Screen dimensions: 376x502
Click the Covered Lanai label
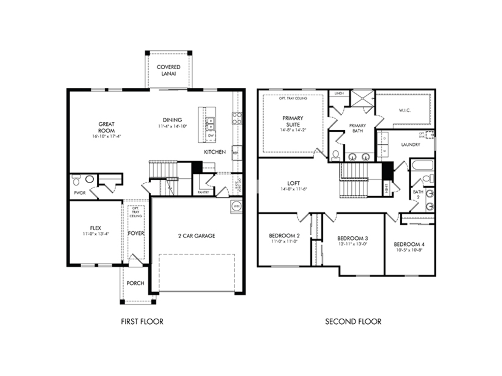coord(168,70)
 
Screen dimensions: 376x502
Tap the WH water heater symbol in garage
coord(236,206)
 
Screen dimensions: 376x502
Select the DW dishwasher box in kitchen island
coord(211,136)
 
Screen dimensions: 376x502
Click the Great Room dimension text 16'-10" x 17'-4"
coord(106,137)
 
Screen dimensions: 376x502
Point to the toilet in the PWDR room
coord(76,180)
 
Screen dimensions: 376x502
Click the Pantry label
coord(203,192)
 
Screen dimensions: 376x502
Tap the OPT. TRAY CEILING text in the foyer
coord(136,212)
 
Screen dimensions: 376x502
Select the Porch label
coord(135,283)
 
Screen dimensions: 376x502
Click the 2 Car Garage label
coord(197,236)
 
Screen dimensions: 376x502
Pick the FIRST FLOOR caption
coord(142,322)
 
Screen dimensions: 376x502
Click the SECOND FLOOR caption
coord(353,322)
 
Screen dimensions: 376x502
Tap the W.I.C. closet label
coord(404,110)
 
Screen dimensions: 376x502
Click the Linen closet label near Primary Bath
coord(339,93)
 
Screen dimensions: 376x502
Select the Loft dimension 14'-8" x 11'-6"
coord(293,189)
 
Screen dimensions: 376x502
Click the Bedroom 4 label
coord(409,244)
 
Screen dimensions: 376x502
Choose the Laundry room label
coord(410,145)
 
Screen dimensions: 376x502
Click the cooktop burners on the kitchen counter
coord(237,118)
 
